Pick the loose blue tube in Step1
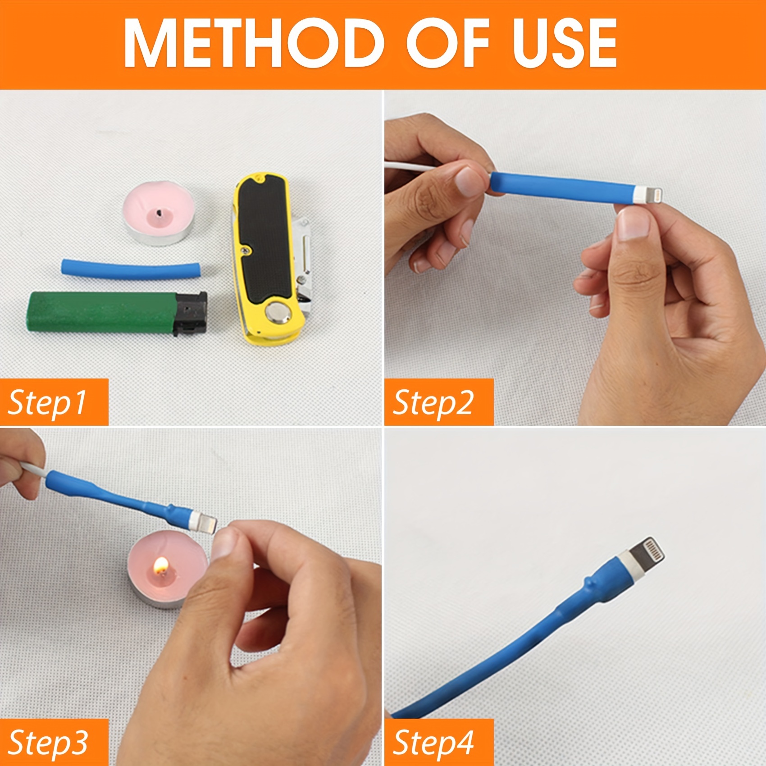coord(131,269)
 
